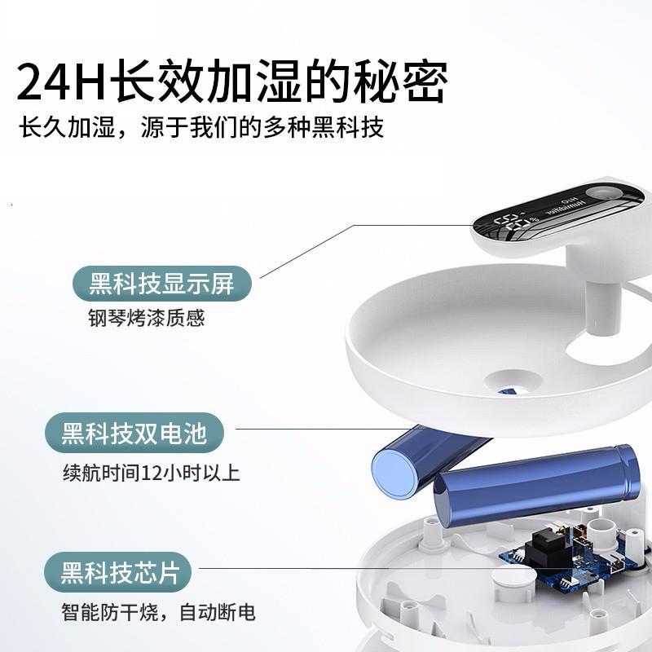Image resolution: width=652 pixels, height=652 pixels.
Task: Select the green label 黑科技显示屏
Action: click(162, 284)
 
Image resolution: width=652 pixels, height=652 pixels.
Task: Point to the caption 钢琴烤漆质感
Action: click(147, 318)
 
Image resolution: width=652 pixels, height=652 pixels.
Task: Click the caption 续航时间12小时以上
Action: click(152, 472)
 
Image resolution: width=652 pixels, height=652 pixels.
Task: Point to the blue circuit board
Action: click(570, 558)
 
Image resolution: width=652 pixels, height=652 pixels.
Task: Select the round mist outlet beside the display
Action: click(603, 193)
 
